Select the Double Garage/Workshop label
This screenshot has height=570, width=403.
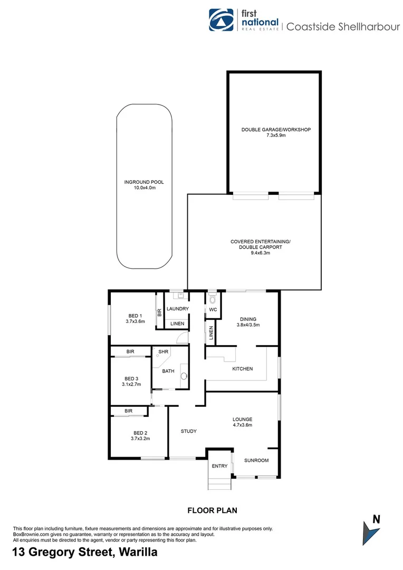click(x=276, y=129)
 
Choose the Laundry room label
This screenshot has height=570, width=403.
click(x=178, y=309)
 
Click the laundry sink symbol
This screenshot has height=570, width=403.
click(x=176, y=296)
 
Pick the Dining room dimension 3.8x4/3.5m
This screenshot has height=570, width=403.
click(x=247, y=325)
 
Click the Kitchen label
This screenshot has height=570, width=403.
click(x=243, y=368)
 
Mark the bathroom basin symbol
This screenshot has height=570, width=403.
click(x=184, y=376)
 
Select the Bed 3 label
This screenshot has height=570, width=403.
click(x=132, y=378)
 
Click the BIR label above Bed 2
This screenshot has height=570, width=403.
click(x=128, y=411)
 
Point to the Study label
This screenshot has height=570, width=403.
click(x=188, y=431)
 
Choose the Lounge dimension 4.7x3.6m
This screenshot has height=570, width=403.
click(x=243, y=425)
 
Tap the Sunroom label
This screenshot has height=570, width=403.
click(x=256, y=460)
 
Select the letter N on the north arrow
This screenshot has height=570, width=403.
click(x=376, y=519)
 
